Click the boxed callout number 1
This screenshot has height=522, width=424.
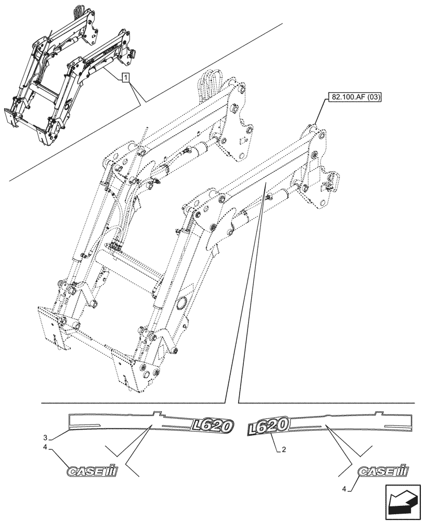click(125, 78)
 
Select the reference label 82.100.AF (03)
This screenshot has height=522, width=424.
click(354, 97)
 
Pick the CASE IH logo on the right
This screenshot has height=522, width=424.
click(382, 471)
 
